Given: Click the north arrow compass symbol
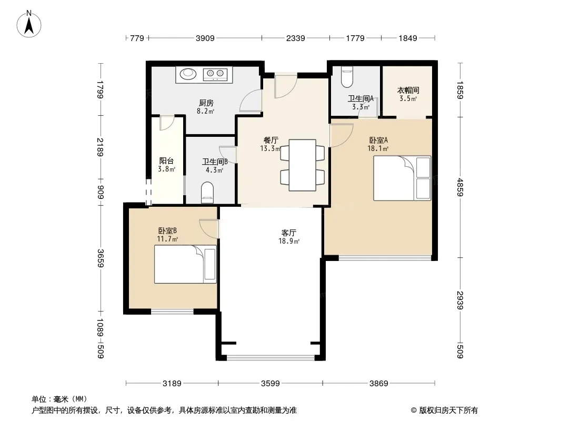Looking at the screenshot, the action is tap(29, 24).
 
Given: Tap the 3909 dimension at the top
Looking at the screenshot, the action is tap(205, 38).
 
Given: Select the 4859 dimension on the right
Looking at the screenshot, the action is tap(460, 187).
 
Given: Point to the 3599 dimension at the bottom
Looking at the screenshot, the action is tap(270, 384).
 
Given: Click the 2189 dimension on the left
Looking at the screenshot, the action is tap(101, 147).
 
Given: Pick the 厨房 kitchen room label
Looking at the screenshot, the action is tap(206, 103).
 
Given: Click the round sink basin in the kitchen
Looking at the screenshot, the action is tap(188, 74).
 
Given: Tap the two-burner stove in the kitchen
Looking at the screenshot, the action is tap(215, 74).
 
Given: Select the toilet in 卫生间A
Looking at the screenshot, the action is tap(347, 77).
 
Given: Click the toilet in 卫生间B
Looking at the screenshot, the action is tap(207, 193).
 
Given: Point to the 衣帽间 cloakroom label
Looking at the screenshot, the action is tap(408, 90).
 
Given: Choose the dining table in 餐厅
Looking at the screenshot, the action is tap(302, 165).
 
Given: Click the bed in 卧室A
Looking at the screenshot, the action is tap(402, 178).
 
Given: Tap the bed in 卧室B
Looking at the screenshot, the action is tap(185, 264).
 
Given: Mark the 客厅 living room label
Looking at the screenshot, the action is tap(289, 233).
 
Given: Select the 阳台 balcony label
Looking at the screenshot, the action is tap(166, 161).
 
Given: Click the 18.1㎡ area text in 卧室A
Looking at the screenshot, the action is tap(378, 148).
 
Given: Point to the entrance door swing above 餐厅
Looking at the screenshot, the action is tap(286, 85).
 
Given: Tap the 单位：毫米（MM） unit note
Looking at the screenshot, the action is tap(59, 399).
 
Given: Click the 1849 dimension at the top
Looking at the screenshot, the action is tap(408, 38).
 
